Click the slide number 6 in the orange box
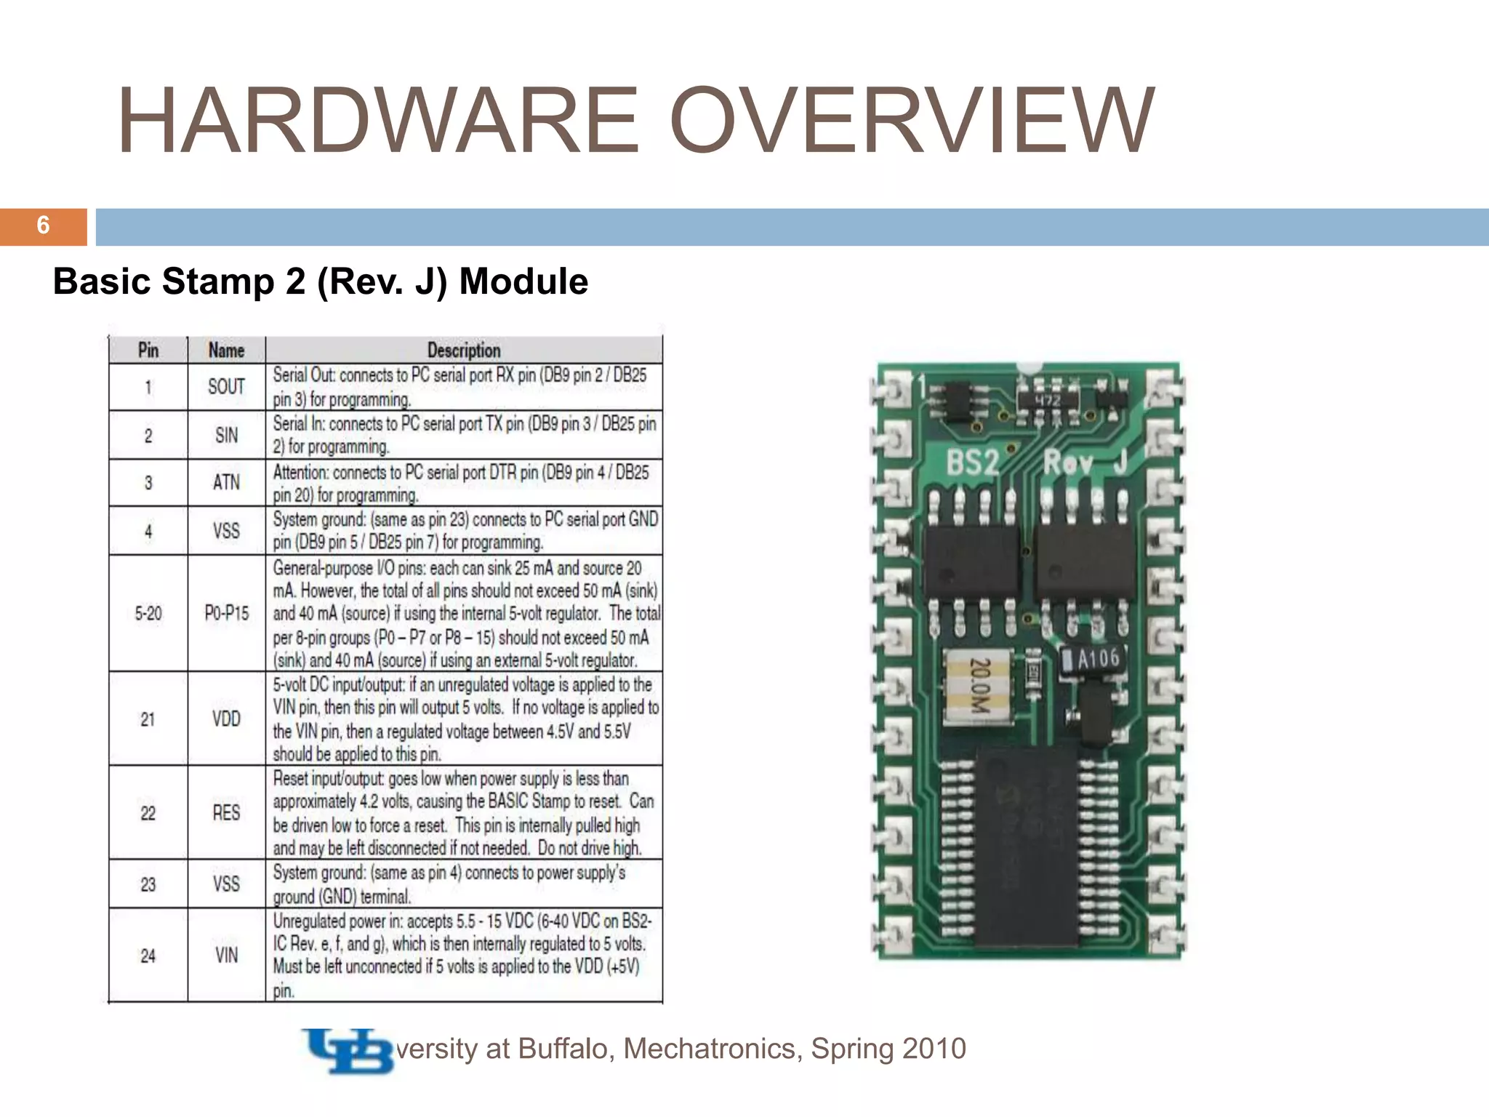pyautogui.click(x=43, y=226)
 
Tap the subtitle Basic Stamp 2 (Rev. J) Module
pyautogui.click(x=321, y=281)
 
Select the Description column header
pyautogui.click(x=464, y=351)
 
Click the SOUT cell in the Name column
pyautogui.click(x=226, y=387)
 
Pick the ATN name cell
pyautogui.click(x=226, y=483)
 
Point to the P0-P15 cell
pyautogui.click(x=226, y=614)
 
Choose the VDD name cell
pyautogui.click(x=226, y=719)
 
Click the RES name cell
pyautogui.click(x=226, y=812)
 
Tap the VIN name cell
pyautogui.click(x=226, y=956)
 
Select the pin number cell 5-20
pyautogui.click(x=148, y=614)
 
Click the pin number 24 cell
pyautogui.click(x=148, y=956)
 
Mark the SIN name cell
pyautogui.click(x=226, y=436)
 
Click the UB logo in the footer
pyautogui.click(x=348, y=1050)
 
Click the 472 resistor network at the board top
pyautogui.click(x=1047, y=401)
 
